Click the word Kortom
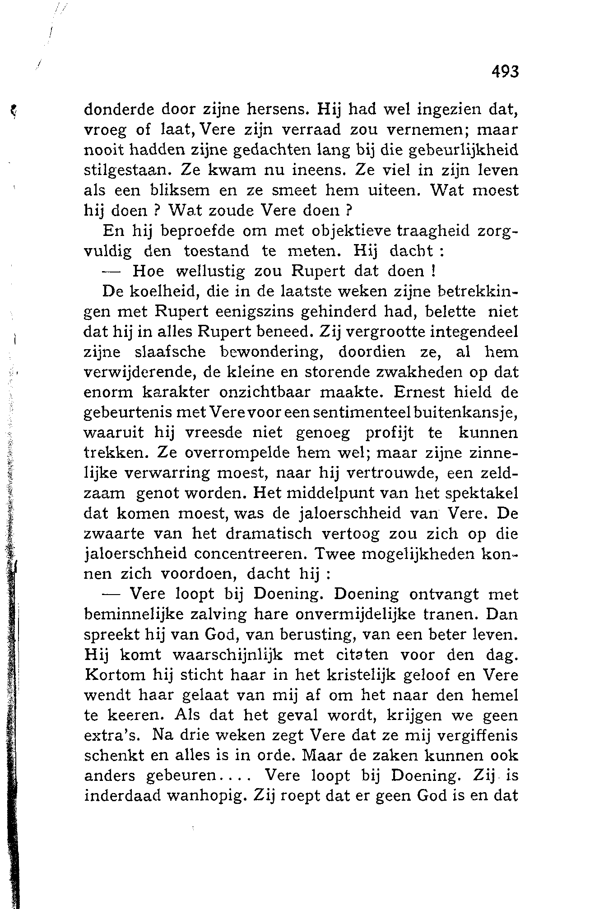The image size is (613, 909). tap(115, 675)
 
